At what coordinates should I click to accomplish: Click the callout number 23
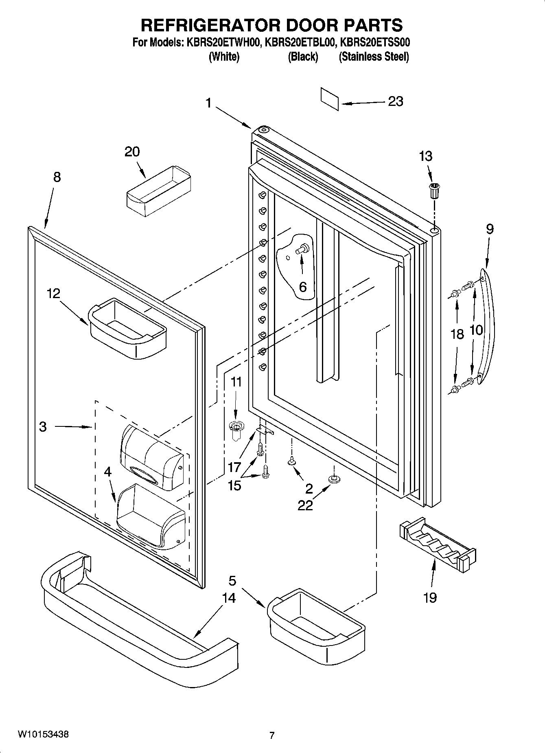(395, 101)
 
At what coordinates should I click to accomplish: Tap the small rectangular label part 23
(329, 98)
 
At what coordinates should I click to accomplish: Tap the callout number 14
(229, 598)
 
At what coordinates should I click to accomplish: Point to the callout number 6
(302, 287)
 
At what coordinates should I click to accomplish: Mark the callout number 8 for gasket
(57, 177)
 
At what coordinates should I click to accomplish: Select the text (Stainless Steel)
(374, 57)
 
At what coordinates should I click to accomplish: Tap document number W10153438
(43, 734)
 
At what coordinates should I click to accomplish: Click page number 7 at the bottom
(272, 735)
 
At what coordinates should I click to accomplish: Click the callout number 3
(43, 427)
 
